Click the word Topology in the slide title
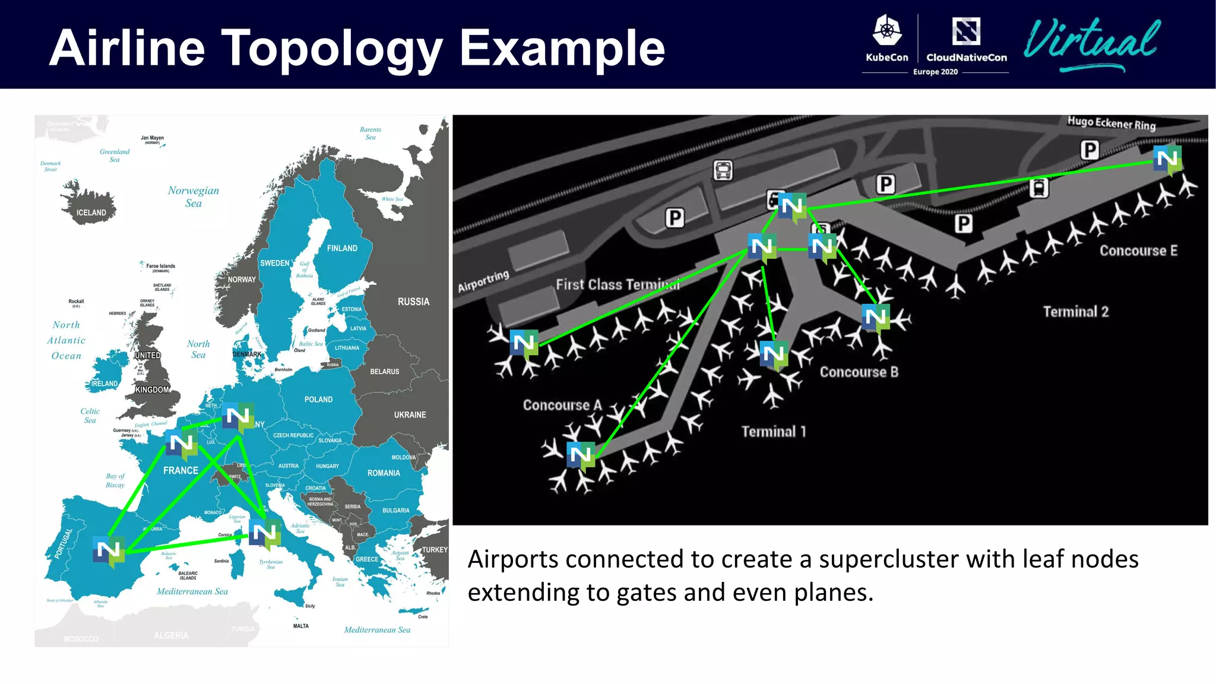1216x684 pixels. [332, 49]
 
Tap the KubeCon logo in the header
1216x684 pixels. [886, 38]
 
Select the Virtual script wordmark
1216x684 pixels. [1092, 43]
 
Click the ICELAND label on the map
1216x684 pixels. [91, 213]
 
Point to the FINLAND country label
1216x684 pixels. [342, 248]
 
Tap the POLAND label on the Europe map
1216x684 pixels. [318, 400]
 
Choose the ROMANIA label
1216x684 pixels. [384, 473]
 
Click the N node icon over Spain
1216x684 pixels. [109, 550]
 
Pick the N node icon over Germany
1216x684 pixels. [237, 417]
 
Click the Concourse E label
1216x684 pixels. [1138, 251]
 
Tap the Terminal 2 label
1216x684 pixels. [1075, 312]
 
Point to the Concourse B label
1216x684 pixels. [859, 372]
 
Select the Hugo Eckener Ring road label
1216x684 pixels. [1111, 123]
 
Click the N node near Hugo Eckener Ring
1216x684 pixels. [1167, 159]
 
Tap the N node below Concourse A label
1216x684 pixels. [581, 456]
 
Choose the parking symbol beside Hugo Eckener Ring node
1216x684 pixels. [1090, 150]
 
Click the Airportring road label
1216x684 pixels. [483, 281]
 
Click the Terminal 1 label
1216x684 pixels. [774, 432]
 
